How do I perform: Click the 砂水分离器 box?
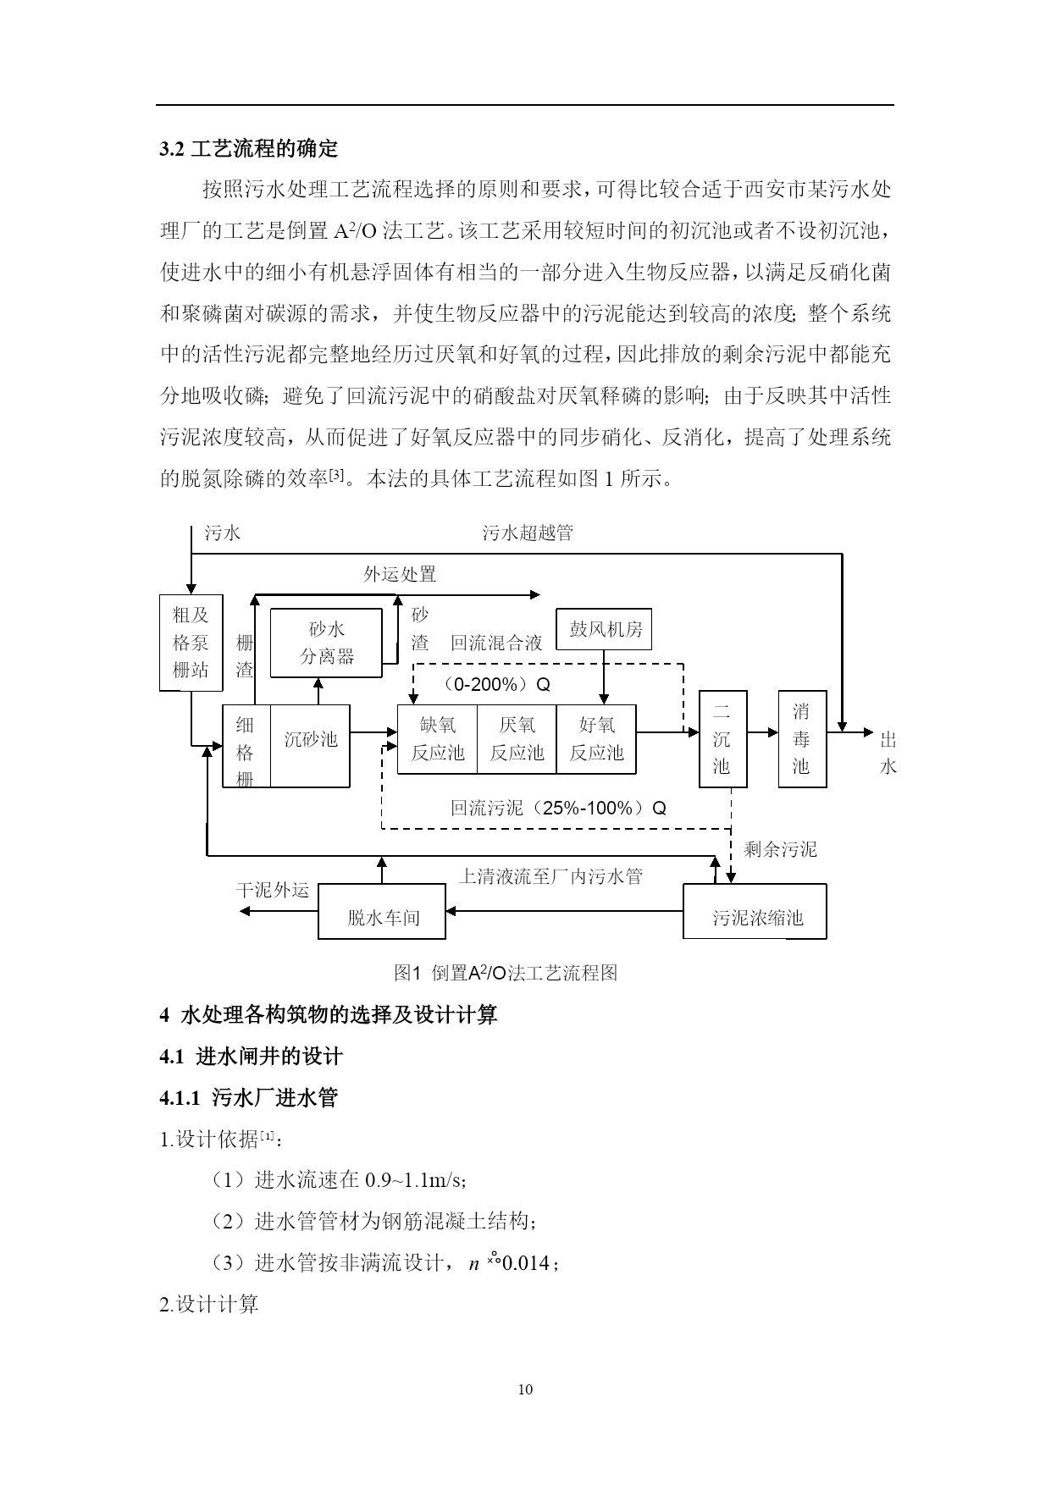coord(326,643)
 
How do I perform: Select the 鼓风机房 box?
coord(604,629)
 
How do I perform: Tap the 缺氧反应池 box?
coord(437,739)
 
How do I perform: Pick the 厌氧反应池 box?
coord(517,739)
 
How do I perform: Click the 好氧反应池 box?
coord(595,739)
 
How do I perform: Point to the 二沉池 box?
coord(722,739)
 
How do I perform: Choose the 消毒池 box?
coord(802,739)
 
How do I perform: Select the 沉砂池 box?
coord(310,746)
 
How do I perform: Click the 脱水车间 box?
coord(382,912)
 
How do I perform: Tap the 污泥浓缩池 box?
coord(755,912)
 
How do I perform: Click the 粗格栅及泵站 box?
coord(191,643)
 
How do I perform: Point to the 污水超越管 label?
coord(528,533)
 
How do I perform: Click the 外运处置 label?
coord(400,575)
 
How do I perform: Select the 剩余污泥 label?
coord(780,849)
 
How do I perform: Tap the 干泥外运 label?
coord(273,891)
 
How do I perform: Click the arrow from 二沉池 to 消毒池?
coord(762,732)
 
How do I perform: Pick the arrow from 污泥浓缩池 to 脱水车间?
coord(564,911)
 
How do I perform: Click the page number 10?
coord(525,1389)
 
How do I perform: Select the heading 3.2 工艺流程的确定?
coord(249,149)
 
